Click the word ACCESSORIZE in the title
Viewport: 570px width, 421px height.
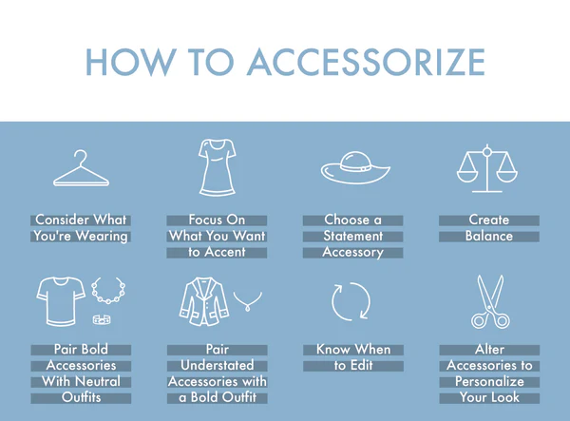point(366,62)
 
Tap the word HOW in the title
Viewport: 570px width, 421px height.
point(131,62)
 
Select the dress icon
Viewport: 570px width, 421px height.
point(218,167)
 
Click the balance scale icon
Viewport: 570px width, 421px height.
point(487,168)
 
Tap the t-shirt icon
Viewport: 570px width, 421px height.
point(61,301)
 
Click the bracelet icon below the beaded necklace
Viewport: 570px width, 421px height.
point(102,319)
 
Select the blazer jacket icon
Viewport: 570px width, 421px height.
point(204,301)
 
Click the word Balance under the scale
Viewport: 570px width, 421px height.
point(489,237)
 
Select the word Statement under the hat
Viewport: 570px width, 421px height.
point(353,237)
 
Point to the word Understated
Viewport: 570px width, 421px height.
point(218,365)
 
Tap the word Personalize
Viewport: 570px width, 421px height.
point(489,381)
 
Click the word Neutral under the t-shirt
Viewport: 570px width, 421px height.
point(99,381)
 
